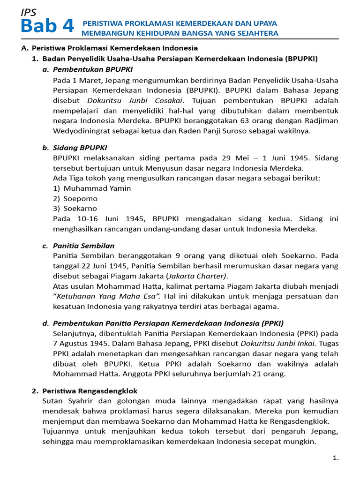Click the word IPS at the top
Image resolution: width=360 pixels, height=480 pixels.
coord(29,13)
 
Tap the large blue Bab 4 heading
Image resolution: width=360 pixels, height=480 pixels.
coord(47,27)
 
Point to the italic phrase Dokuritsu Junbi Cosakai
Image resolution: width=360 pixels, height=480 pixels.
coord(134,100)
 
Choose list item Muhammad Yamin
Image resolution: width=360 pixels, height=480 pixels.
coord(97,188)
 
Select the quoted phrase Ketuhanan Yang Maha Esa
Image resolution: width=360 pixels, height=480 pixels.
coord(109,296)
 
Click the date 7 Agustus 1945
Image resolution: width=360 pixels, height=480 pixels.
coord(79,343)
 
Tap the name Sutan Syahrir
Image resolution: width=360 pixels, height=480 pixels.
coord(64,401)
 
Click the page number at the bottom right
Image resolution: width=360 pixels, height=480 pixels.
coord(335,458)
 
